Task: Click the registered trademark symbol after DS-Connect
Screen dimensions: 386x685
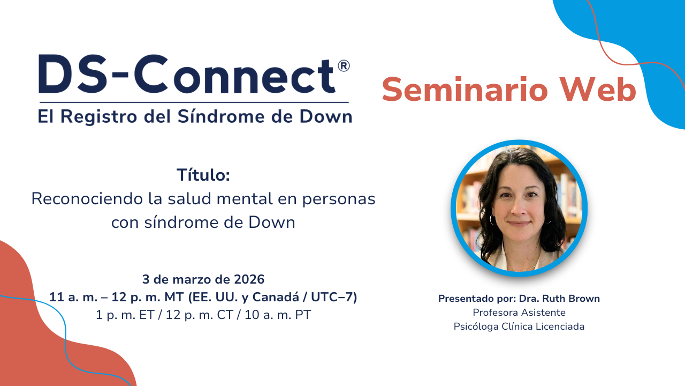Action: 344,66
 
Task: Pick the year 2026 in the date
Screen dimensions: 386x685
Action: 249,279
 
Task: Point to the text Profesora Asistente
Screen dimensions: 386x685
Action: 519,313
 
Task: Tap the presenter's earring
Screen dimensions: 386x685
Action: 492,219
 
